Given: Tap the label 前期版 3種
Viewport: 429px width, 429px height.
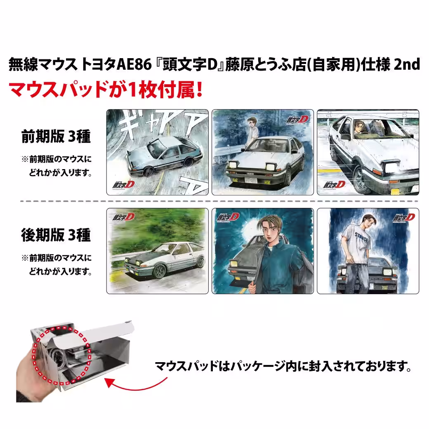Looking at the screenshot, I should tap(56, 137).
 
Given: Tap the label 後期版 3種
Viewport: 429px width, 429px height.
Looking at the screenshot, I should tap(56, 235).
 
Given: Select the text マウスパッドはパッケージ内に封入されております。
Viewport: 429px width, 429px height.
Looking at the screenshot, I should tap(283, 366).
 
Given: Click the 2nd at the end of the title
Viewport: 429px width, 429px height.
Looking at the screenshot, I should tap(407, 64).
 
